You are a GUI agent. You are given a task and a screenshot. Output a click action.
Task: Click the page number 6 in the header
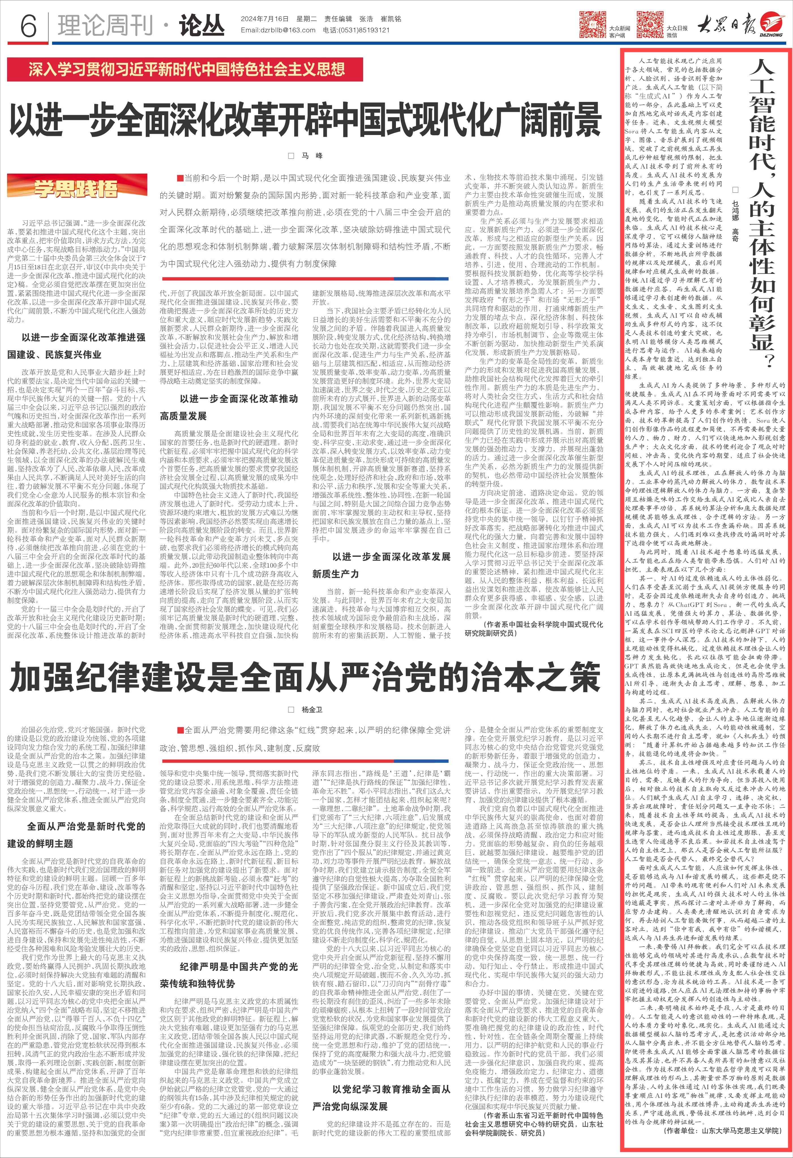28,24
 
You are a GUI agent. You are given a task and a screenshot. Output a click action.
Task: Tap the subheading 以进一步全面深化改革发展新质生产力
381,565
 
